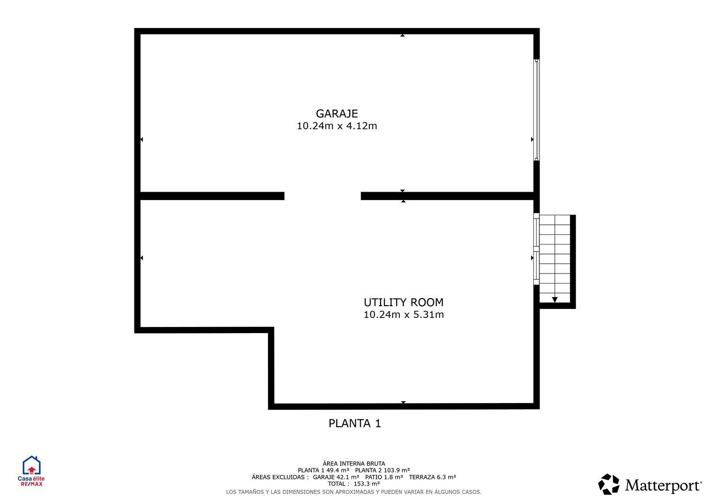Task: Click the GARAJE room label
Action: coord(337,114)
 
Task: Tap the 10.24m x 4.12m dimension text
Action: coord(337,126)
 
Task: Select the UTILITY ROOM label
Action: coord(403,302)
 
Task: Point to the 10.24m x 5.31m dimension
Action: coord(403,315)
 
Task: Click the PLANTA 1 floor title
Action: coord(355,423)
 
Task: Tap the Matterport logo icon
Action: coord(609,484)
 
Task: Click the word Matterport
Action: coord(663,486)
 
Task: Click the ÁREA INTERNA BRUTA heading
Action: coord(354,464)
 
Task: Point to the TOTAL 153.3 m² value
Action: coord(354,484)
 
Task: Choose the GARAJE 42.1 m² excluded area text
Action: coord(336,477)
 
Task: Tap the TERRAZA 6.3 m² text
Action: coord(432,477)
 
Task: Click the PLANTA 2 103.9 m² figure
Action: coord(382,470)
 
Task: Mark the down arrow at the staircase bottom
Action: coord(554,299)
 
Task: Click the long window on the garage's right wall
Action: coord(536,110)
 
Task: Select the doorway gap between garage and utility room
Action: coord(322,196)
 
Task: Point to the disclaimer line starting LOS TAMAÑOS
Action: coord(354,492)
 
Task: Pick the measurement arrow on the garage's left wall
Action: coord(142,140)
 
